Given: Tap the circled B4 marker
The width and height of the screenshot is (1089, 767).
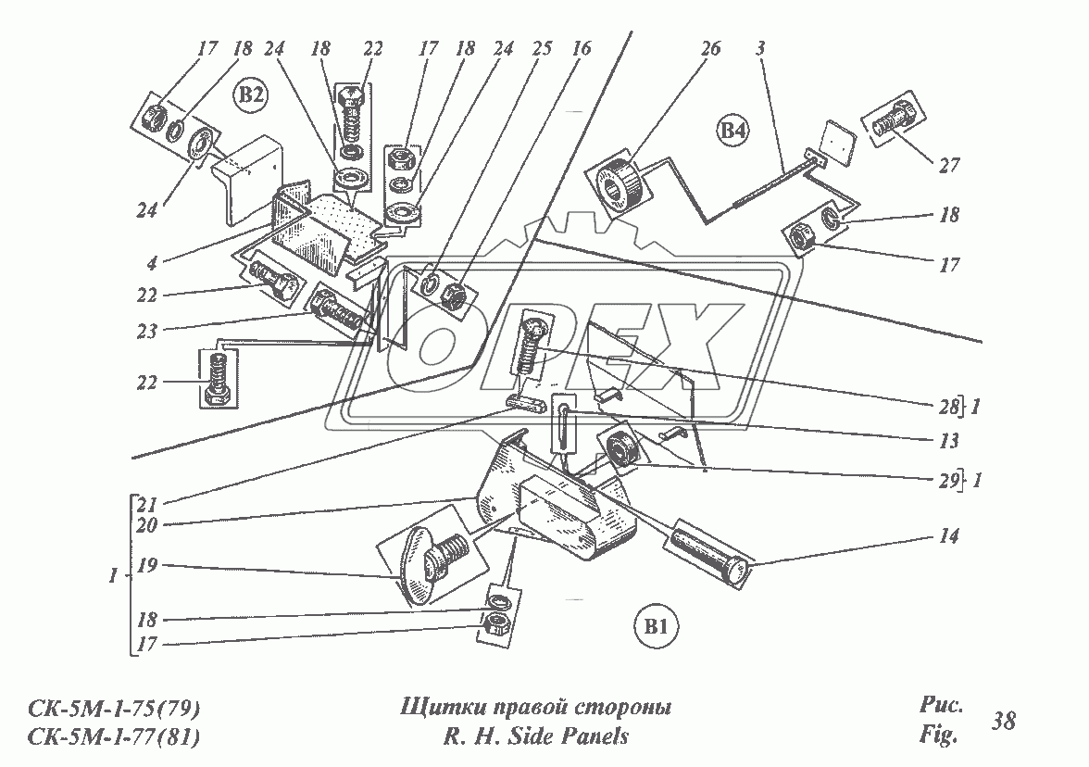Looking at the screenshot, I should (732, 132).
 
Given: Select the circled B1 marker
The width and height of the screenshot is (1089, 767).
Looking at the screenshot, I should (657, 628).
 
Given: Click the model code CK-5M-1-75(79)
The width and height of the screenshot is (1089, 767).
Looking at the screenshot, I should (115, 710).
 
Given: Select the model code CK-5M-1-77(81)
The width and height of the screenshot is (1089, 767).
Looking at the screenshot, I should (115, 737).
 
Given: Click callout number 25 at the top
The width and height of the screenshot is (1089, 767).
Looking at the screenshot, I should (541, 50).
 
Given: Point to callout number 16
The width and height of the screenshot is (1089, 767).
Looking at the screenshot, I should (581, 50).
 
